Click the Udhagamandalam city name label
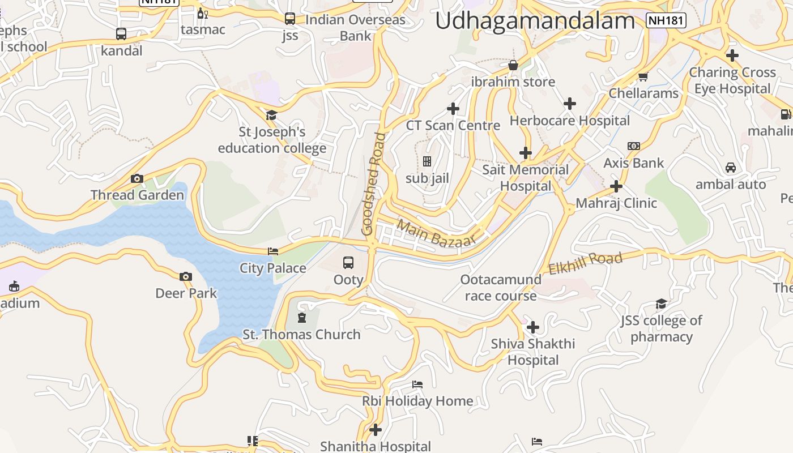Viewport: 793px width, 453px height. click(x=535, y=21)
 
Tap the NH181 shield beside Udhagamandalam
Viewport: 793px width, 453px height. click(x=666, y=21)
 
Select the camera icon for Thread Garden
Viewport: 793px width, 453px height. click(x=137, y=179)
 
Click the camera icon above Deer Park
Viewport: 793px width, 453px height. click(x=186, y=277)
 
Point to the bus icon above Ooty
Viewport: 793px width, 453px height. click(x=348, y=263)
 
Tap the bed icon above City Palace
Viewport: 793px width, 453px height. click(x=273, y=251)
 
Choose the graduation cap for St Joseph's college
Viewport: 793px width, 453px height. click(x=271, y=116)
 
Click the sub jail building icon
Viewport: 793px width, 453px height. click(x=427, y=162)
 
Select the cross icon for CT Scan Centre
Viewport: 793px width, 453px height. click(x=453, y=109)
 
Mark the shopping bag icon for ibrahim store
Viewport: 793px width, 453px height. click(x=513, y=66)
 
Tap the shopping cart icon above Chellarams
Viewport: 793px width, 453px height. click(x=643, y=77)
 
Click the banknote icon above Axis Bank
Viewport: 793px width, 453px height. click(x=634, y=146)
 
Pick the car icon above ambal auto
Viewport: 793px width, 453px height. click(x=731, y=168)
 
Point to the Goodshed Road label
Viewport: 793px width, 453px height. click(x=374, y=184)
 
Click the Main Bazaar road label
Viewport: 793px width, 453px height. click(x=436, y=233)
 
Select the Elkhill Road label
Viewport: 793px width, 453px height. click(x=585, y=263)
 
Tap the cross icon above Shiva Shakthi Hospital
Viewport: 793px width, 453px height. click(x=533, y=327)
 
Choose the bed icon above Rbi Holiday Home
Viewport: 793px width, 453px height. click(x=417, y=384)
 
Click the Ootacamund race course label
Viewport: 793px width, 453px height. click(x=501, y=288)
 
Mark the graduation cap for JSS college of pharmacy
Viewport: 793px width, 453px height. click(x=661, y=304)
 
